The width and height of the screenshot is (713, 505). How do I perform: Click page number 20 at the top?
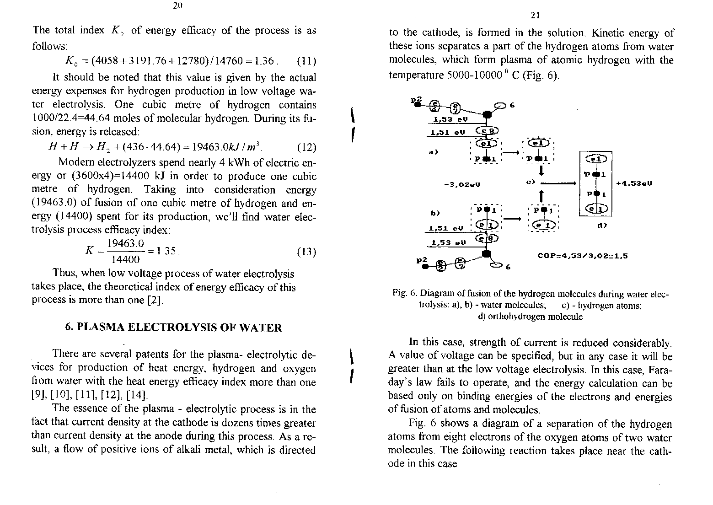[178, 5]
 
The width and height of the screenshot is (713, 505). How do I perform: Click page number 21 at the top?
[536, 16]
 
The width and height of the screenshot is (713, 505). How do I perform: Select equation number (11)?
[306, 61]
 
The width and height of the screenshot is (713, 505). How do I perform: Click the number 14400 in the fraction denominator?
[126, 260]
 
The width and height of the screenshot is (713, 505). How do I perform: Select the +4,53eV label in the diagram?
[633, 183]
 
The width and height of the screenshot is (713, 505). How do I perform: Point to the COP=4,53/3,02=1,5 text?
[582, 256]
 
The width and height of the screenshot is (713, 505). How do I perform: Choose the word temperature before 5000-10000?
[416, 75]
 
